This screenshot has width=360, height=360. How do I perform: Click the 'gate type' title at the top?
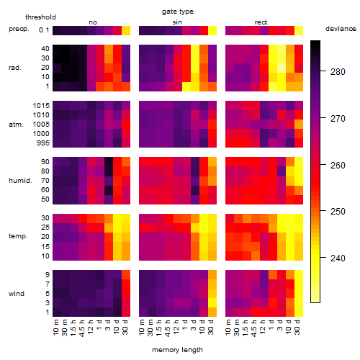coord(178,12)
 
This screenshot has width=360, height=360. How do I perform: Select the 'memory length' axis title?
coord(177,350)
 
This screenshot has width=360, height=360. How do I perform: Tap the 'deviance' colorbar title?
coord(341,29)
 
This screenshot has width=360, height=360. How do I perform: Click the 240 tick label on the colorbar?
coord(338,258)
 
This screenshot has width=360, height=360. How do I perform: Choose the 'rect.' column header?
coord(261,22)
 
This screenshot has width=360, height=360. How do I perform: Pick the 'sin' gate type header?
coord(177,22)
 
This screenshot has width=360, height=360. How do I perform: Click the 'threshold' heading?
coord(40,17)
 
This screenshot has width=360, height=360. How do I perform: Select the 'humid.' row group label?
coord(20,181)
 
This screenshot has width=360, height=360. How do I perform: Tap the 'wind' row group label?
coord(17,294)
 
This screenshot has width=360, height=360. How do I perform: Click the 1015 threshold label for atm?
coord(41,106)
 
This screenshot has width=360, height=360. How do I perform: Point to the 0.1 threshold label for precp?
coord(44,30)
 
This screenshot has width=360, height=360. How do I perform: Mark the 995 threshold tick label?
coord(43,143)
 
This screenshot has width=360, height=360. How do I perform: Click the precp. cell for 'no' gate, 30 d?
coord(126,30)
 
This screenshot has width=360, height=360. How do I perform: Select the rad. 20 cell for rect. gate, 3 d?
coord(282,68)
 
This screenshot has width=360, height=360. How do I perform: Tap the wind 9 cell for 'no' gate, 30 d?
coord(126,275)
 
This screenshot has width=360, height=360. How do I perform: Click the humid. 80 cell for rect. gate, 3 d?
coord(282,171)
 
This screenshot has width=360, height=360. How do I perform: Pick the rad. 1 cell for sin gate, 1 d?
coord(186,86)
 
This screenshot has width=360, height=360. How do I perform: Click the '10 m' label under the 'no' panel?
coord(55,328)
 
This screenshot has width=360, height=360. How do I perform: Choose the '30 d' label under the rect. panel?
coord(297,328)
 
